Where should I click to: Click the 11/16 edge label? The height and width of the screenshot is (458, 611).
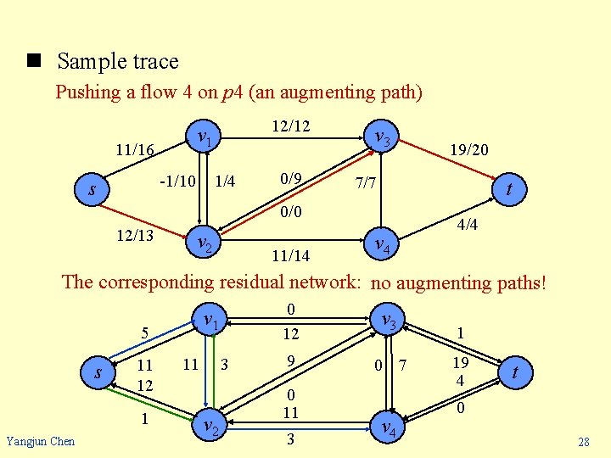134,151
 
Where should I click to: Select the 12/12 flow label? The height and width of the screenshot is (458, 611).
290,126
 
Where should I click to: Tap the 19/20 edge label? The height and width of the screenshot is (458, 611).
468,150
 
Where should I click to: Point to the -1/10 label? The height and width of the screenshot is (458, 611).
178,180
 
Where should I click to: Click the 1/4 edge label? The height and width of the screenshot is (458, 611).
225,181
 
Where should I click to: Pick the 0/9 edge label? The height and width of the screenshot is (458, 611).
290,179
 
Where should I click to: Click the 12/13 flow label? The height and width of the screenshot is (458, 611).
134,235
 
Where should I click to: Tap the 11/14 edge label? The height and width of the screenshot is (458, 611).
290,255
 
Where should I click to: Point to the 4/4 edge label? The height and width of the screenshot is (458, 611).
468,226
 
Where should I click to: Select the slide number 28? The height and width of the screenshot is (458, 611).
583,442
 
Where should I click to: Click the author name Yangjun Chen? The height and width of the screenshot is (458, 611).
40,441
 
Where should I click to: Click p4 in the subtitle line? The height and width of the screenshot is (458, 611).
232,92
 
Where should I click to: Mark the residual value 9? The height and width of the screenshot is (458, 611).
290,361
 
